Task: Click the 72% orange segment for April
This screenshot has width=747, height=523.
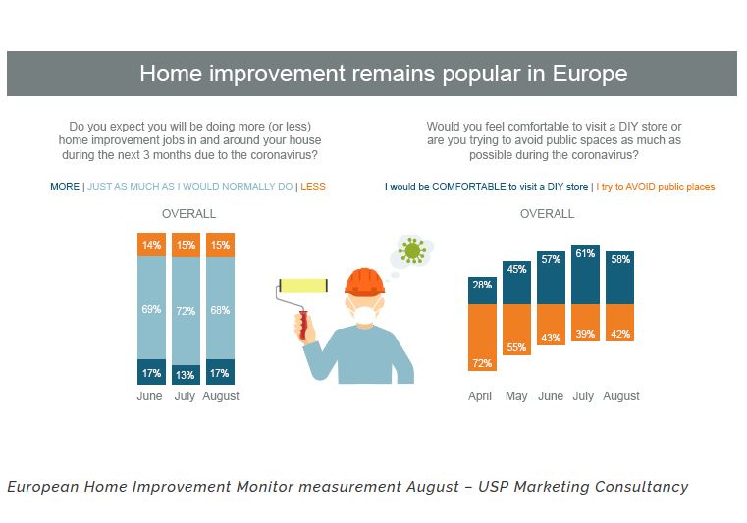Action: tap(481, 339)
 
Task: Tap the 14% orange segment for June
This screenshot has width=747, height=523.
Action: tap(149, 245)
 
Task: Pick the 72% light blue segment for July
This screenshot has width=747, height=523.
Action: tap(186, 310)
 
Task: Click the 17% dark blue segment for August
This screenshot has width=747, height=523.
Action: tap(220, 372)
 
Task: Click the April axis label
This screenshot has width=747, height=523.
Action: tap(480, 396)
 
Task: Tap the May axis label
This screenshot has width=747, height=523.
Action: tap(516, 396)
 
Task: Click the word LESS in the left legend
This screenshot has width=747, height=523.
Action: tap(313, 186)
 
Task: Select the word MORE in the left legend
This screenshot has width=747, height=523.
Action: tap(65, 186)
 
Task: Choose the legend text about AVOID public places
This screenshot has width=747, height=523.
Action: tap(656, 186)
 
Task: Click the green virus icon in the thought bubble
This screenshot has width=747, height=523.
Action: tap(413, 251)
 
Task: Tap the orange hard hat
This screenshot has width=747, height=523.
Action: tap(364, 282)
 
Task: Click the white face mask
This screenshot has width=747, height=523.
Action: tap(364, 315)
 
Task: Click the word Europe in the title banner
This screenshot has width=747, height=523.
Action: tap(583, 74)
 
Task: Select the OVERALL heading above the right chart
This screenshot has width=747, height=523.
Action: tap(547, 213)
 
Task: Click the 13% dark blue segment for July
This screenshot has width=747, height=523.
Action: tap(186, 374)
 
